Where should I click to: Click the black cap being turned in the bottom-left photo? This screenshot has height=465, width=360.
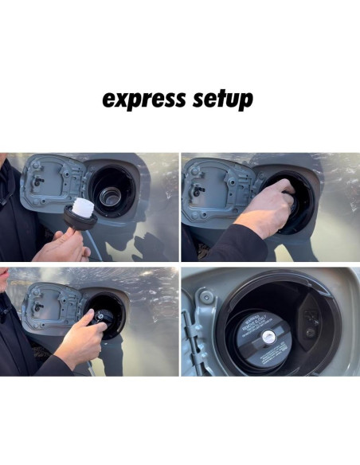pos(102,316)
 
